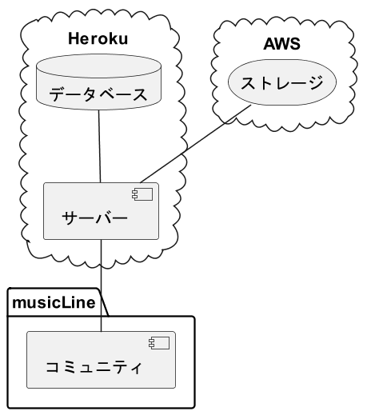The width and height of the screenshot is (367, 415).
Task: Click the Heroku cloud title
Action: [x=98, y=38]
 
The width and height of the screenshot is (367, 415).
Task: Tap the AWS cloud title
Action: [x=282, y=44]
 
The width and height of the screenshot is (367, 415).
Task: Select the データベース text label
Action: [x=98, y=94]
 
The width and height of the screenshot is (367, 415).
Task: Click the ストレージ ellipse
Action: [x=282, y=82]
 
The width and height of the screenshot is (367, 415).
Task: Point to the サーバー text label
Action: [x=94, y=217]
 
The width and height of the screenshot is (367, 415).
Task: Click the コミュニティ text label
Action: [x=94, y=367]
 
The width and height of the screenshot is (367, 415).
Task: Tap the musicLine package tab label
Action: [x=54, y=302]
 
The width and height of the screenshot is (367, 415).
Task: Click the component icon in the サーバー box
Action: [x=142, y=194]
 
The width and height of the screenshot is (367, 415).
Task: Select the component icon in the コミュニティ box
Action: [x=159, y=343]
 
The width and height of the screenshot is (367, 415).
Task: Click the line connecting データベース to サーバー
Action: [x=100, y=146]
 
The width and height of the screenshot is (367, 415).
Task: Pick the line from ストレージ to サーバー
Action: [x=195, y=144]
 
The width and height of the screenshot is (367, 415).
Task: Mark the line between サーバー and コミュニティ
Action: [x=101, y=285]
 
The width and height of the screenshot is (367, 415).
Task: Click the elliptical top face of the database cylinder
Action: [x=98, y=66]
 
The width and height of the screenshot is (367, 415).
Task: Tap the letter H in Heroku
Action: [x=74, y=38]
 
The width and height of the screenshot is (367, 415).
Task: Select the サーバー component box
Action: [x=101, y=211]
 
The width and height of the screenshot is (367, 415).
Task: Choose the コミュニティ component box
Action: [x=101, y=360]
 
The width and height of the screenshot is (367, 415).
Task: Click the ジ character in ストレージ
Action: [x=315, y=82]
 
